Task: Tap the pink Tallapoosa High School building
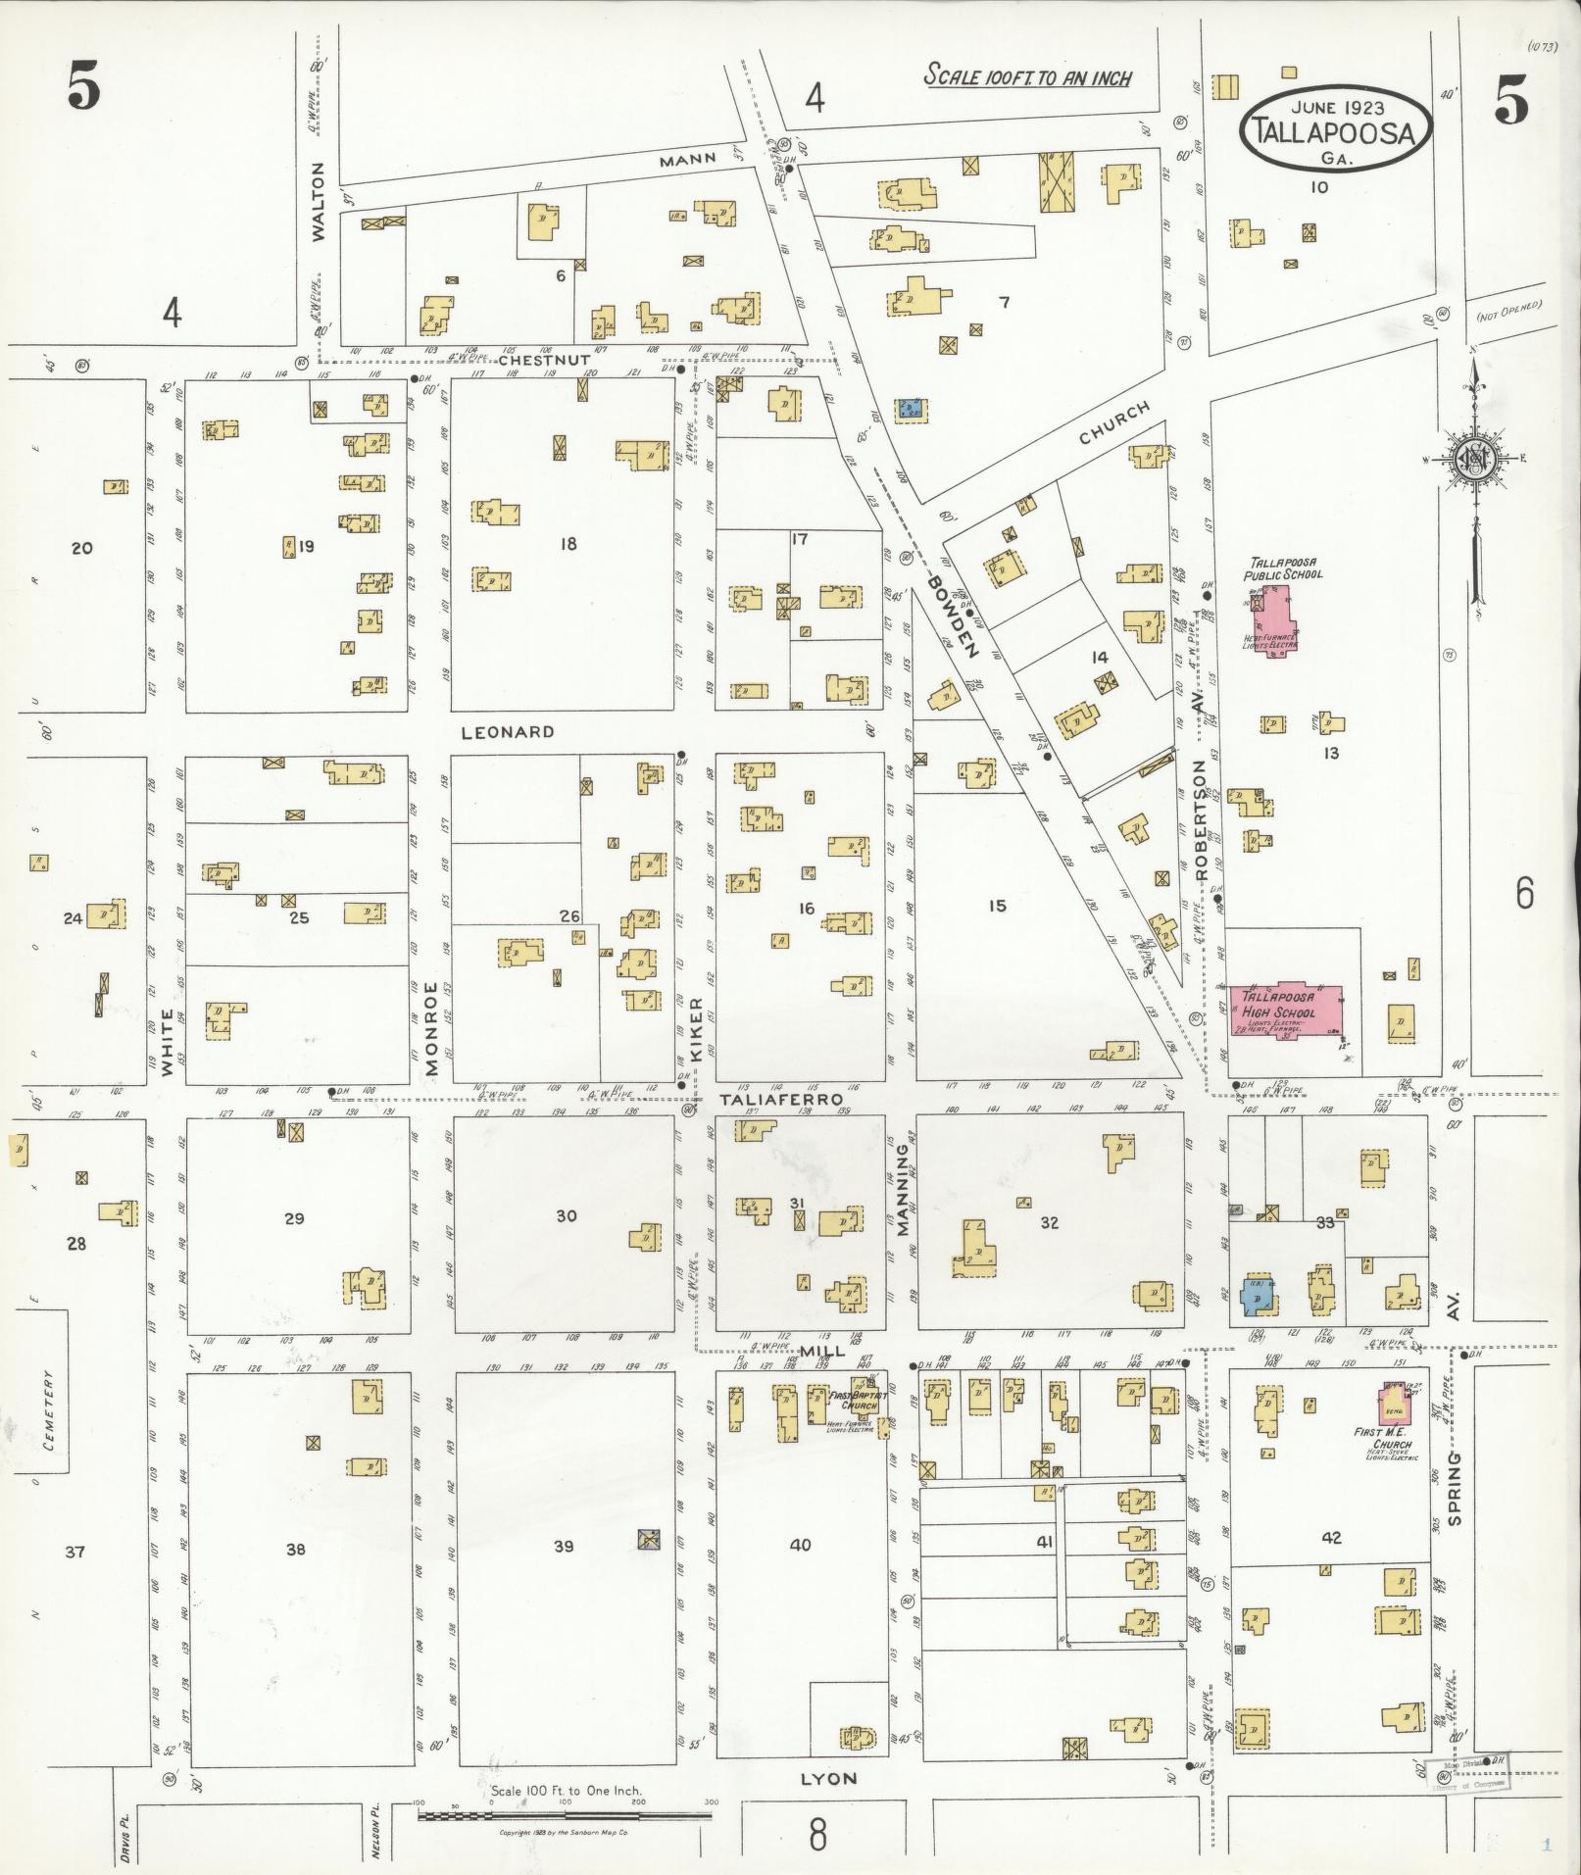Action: click(x=1286, y=1011)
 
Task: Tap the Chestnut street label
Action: click(x=544, y=361)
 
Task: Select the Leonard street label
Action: click(x=509, y=731)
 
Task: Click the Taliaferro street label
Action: click(x=781, y=1100)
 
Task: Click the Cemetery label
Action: click(x=49, y=1410)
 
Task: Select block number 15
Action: click(x=997, y=906)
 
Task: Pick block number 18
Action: click(x=568, y=544)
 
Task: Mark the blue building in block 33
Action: click(x=1257, y=1296)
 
